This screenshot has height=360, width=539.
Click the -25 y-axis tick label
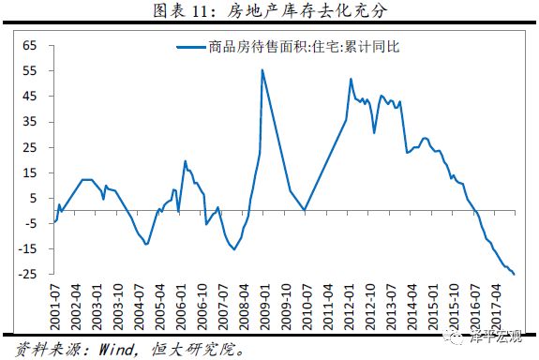pyautogui.click(x=25, y=274)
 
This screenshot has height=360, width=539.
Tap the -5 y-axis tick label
pyautogui.click(x=28, y=223)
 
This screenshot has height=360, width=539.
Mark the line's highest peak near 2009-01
pyautogui.click(x=262, y=69)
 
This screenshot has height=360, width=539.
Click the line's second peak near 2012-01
pyautogui.click(x=350, y=79)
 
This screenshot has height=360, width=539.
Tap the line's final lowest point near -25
pyautogui.click(x=515, y=274)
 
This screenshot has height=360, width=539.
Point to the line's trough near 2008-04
pyautogui.click(x=233, y=249)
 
